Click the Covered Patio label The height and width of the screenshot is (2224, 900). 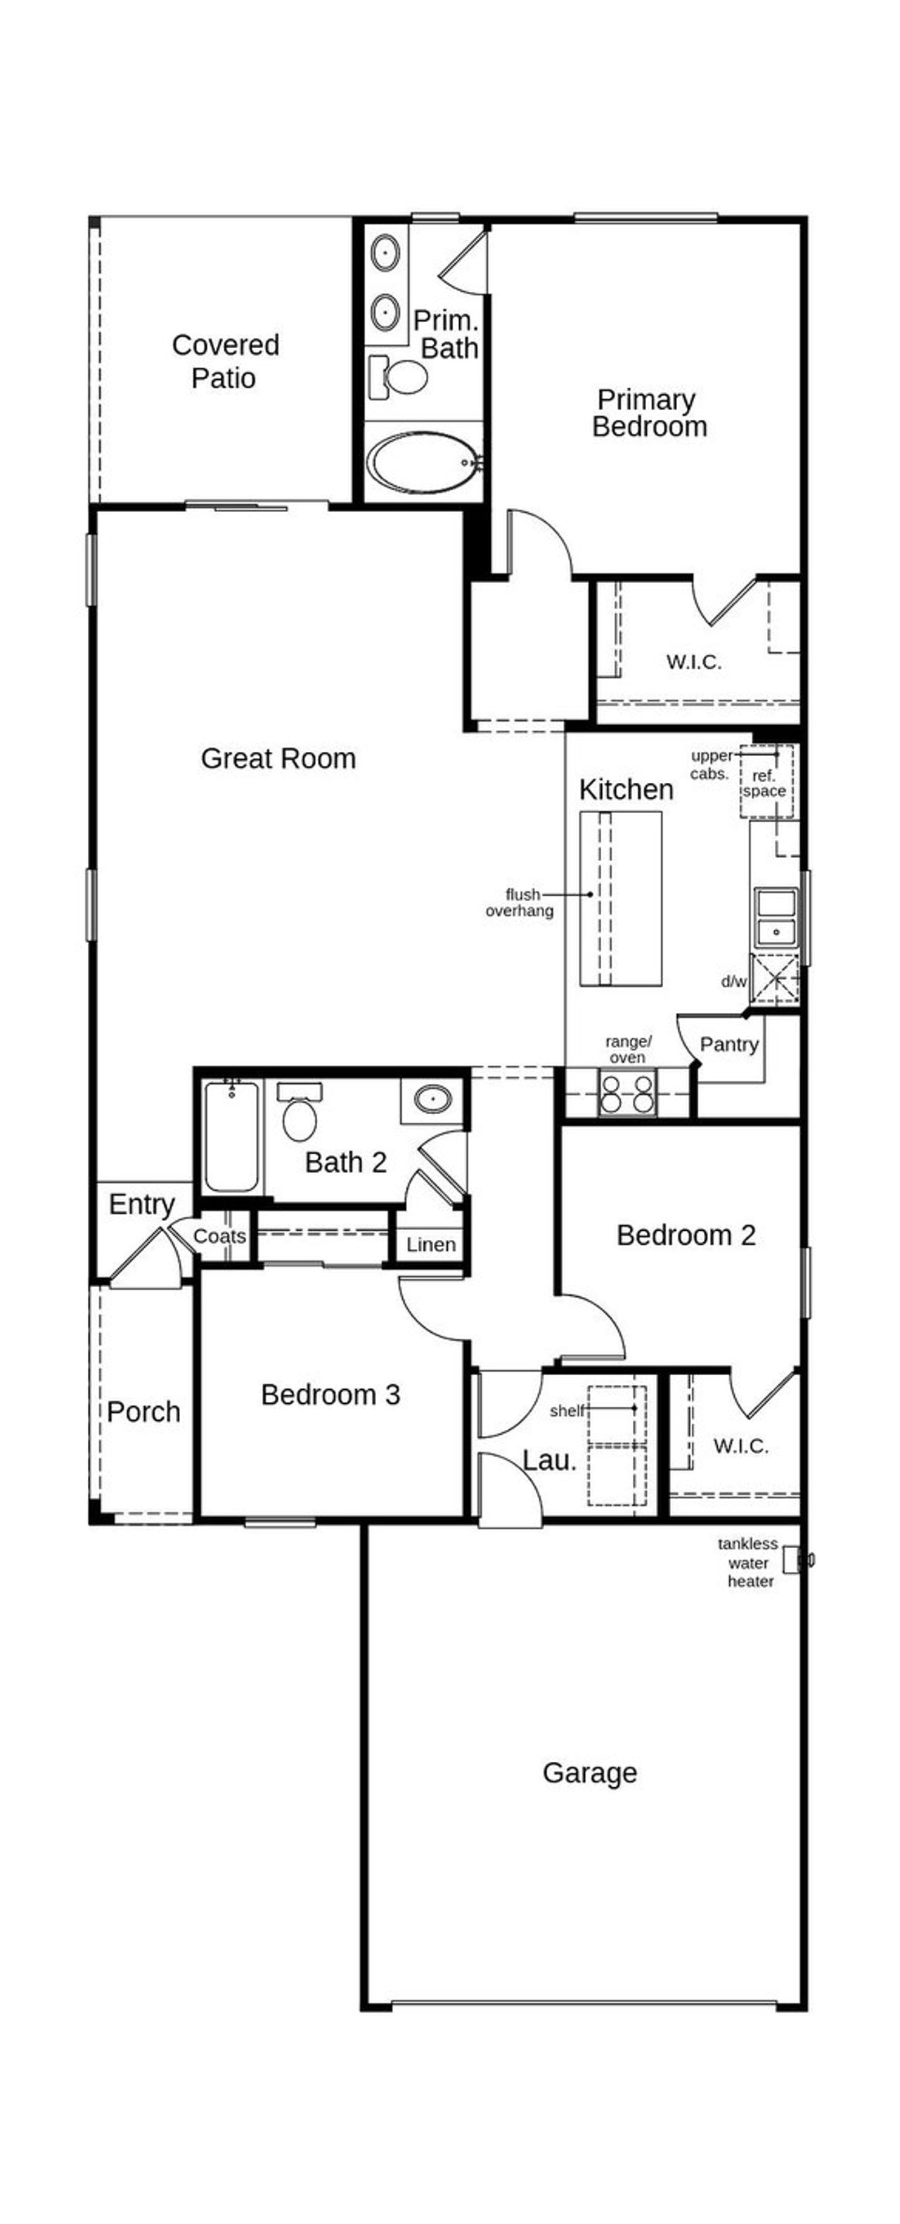[x=225, y=361]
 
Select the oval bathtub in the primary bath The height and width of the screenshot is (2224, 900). [x=421, y=462]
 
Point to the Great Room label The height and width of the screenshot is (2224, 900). [x=278, y=758]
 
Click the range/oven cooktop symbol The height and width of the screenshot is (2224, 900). [x=627, y=1093]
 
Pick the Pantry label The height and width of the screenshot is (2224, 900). [x=729, y=1044]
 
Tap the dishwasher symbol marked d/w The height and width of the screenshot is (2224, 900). [x=774, y=980]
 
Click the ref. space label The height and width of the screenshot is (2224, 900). [x=764, y=783]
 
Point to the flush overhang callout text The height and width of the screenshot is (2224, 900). [x=520, y=902]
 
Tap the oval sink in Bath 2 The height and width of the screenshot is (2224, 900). [x=432, y=1099]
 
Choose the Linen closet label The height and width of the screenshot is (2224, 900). [x=430, y=1244]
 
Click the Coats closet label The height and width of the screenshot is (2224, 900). [x=219, y=1236]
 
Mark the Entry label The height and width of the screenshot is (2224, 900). [x=141, y=1203]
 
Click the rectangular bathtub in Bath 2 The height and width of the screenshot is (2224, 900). [x=232, y=1138]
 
